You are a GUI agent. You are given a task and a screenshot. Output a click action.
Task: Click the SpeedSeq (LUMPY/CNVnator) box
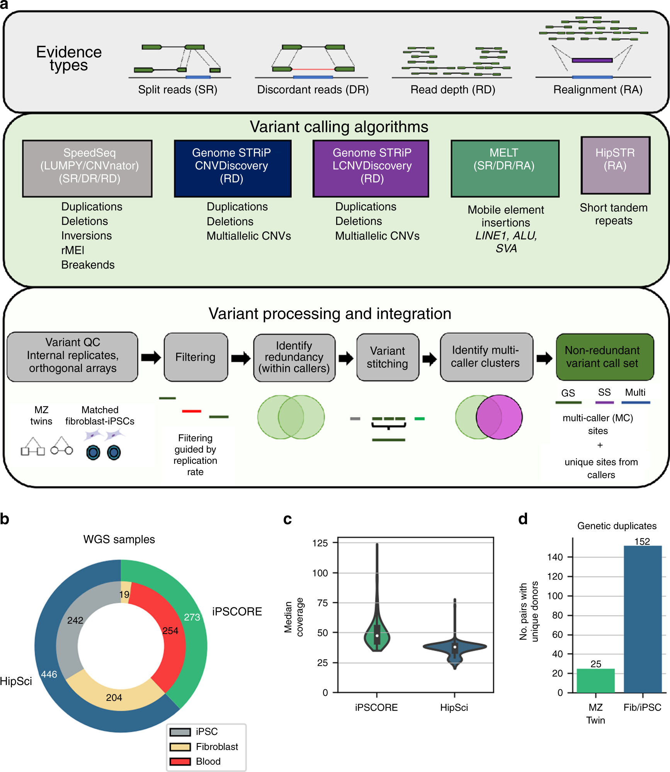point(87,168)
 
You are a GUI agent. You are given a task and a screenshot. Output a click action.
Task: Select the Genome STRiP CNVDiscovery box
point(232,168)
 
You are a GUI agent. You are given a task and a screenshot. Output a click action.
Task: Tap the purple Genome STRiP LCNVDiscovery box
point(371,168)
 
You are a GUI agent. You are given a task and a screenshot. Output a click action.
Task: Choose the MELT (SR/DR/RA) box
point(505,168)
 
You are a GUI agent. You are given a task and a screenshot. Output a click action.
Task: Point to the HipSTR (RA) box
point(615,165)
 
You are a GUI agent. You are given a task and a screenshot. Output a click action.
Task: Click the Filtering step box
point(196,357)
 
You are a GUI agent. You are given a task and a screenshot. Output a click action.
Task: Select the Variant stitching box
point(388,357)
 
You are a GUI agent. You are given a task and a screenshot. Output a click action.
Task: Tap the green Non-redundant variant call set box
point(604,357)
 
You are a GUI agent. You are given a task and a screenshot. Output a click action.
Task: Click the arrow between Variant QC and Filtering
point(151,357)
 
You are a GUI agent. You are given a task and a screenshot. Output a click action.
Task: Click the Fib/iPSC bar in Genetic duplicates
point(643,619)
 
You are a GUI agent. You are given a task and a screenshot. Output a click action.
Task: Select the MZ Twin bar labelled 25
point(595,680)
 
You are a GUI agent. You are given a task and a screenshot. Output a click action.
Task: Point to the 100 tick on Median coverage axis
point(320,573)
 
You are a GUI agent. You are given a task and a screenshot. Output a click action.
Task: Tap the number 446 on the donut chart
point(49,674)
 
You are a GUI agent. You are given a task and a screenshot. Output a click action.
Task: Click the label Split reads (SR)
point(178,90)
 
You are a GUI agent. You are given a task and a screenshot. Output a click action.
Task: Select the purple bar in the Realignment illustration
point(592,60)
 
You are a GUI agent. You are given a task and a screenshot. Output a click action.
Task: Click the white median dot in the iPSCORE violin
point(377,636)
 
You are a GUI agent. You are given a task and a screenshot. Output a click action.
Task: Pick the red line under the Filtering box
point(192,411)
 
